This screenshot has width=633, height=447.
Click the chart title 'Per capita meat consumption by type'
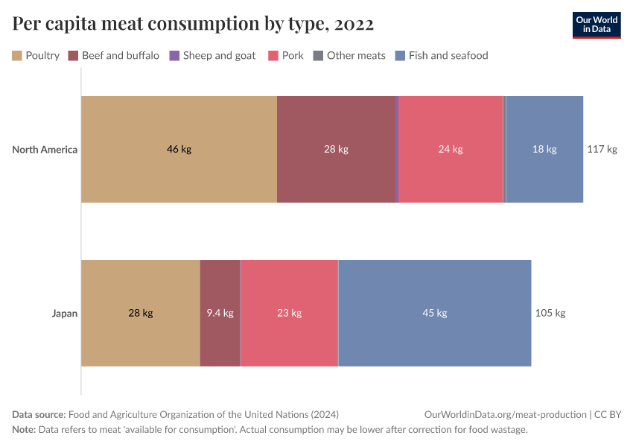pos(193,25)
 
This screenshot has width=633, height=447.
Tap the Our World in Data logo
pos(596,25)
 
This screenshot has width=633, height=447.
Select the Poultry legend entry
pos(36,55)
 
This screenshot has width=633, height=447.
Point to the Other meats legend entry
pos(349,55)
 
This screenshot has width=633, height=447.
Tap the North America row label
pos(45,149)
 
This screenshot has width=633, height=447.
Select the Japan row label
pos(64,313)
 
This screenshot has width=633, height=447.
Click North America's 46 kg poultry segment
pos(179,149)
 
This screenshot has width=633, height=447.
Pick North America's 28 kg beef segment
pos(336,149)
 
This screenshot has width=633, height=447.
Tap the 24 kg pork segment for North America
pos(451,149)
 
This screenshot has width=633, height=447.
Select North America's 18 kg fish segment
pos(544,149)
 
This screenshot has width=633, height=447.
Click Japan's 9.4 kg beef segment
pos(220,313)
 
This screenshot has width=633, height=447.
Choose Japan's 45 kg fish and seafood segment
pos(434,313)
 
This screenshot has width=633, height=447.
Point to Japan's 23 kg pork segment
pos(289,313)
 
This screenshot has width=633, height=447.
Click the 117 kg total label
pos(602,149)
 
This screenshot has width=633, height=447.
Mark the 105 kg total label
pos(550,313)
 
